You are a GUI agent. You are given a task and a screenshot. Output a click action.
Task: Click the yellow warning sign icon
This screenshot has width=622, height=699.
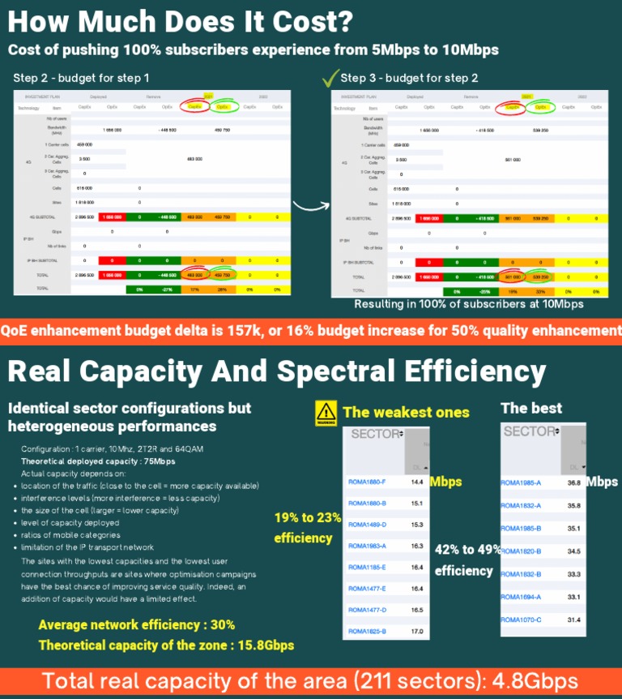click(326, 413)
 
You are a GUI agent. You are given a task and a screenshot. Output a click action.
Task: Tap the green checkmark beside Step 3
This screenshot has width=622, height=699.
click(330, 78)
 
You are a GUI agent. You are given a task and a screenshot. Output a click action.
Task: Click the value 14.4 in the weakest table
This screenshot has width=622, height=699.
click(417, 482)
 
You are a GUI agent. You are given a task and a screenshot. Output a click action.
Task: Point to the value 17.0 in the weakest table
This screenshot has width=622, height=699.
click(417, 631)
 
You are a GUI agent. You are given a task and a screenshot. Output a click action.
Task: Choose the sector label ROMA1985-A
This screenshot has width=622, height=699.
click(520, 482)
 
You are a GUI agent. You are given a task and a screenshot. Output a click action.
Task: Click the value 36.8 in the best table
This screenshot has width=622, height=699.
click(573, 482)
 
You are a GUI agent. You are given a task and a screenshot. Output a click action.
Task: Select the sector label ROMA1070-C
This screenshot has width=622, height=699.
click(520, 620)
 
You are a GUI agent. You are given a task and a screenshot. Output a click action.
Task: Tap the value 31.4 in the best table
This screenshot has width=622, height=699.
click(573, 620)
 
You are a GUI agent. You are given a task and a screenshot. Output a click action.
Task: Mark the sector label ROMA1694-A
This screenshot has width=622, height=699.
click(520, 597)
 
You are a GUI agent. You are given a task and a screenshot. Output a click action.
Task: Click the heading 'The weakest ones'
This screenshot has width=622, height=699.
click(406, 412)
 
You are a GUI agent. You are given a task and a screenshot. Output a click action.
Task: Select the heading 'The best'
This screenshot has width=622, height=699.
click(531, 408)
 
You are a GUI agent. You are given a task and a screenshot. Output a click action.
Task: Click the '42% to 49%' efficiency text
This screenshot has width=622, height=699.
click(468, 550)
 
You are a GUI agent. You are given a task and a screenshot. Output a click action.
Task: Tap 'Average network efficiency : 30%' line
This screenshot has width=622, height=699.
click(137, 625)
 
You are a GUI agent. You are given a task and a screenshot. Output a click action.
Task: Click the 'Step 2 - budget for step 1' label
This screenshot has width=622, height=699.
click(82, 79)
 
